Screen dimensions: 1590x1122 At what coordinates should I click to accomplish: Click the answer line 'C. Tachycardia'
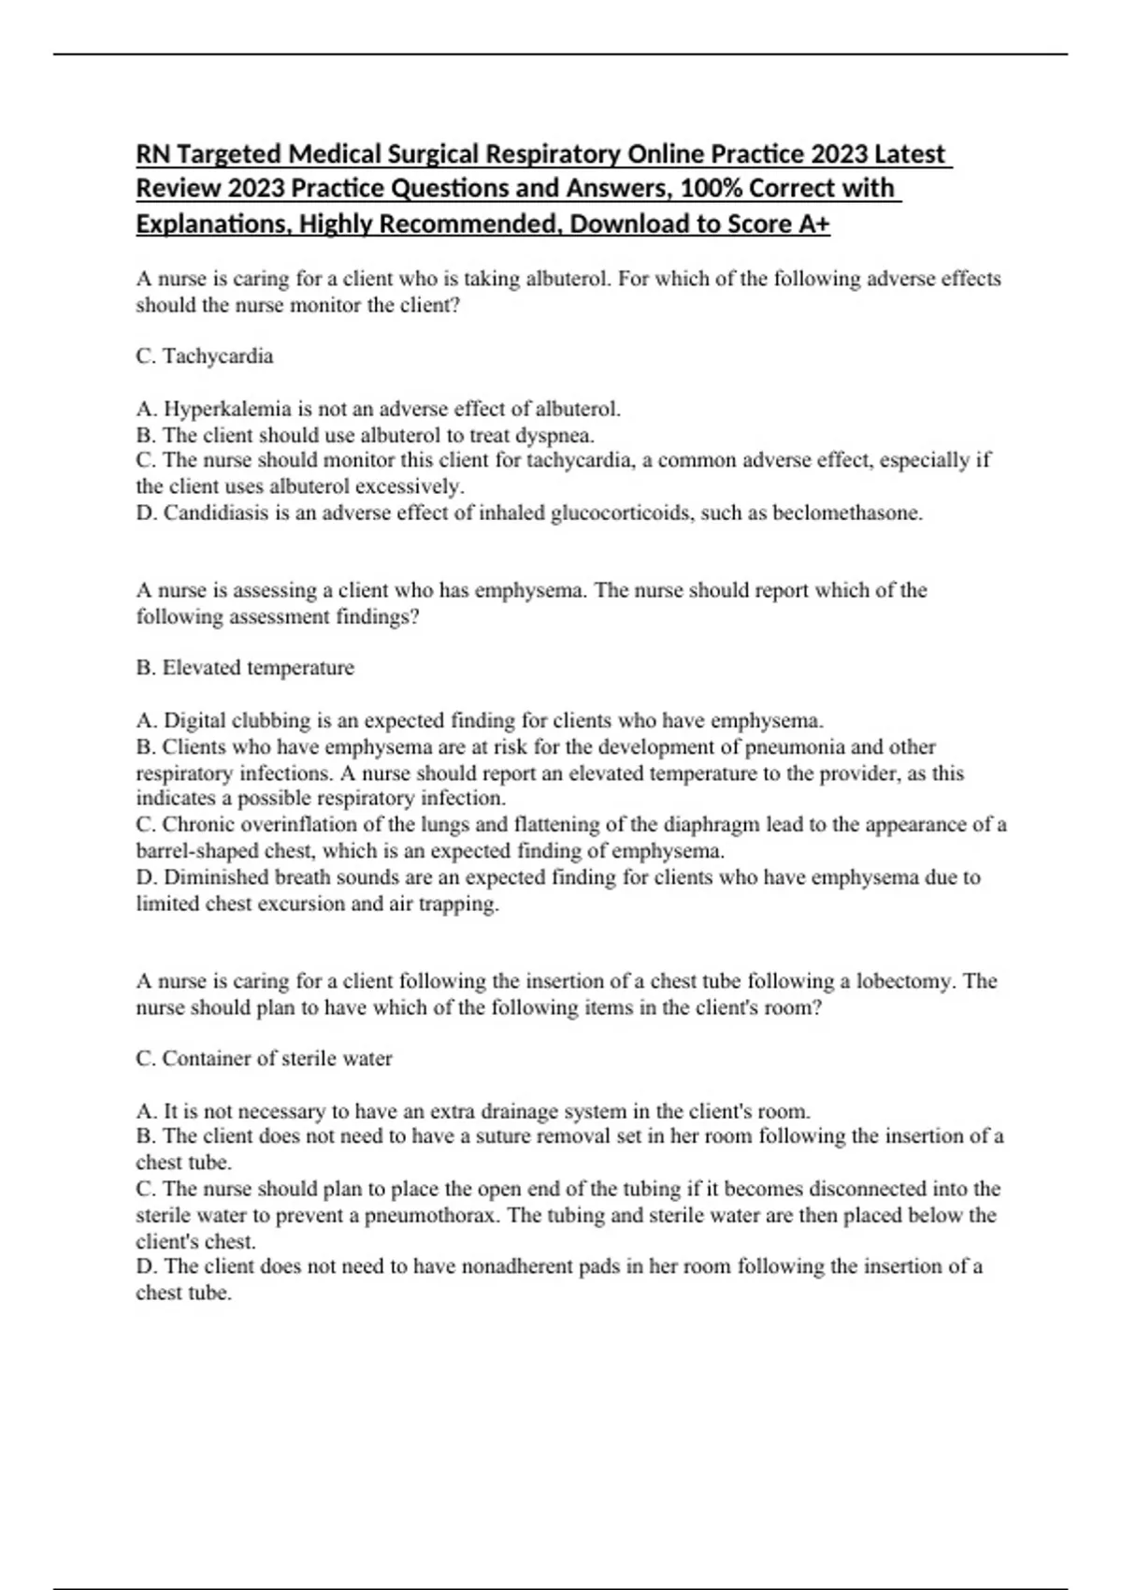(205, 356)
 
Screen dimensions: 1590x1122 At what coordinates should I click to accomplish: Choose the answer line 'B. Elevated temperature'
(245, 668)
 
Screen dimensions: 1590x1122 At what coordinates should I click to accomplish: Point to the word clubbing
(270, 721)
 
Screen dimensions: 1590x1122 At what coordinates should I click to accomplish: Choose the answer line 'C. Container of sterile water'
(265, 1059)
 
